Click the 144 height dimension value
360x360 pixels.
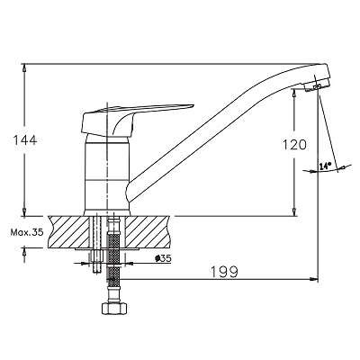[25, 140]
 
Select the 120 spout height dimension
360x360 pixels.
[295, 145]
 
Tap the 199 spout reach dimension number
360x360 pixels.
[224, 272]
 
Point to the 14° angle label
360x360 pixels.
[325, 166]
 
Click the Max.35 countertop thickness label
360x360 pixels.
[27, 232]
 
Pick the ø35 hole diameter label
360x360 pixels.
[163, 258]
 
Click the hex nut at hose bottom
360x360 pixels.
[114, 308]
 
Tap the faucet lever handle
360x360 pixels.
[132, 120]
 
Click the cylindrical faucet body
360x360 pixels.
[106, 174]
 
